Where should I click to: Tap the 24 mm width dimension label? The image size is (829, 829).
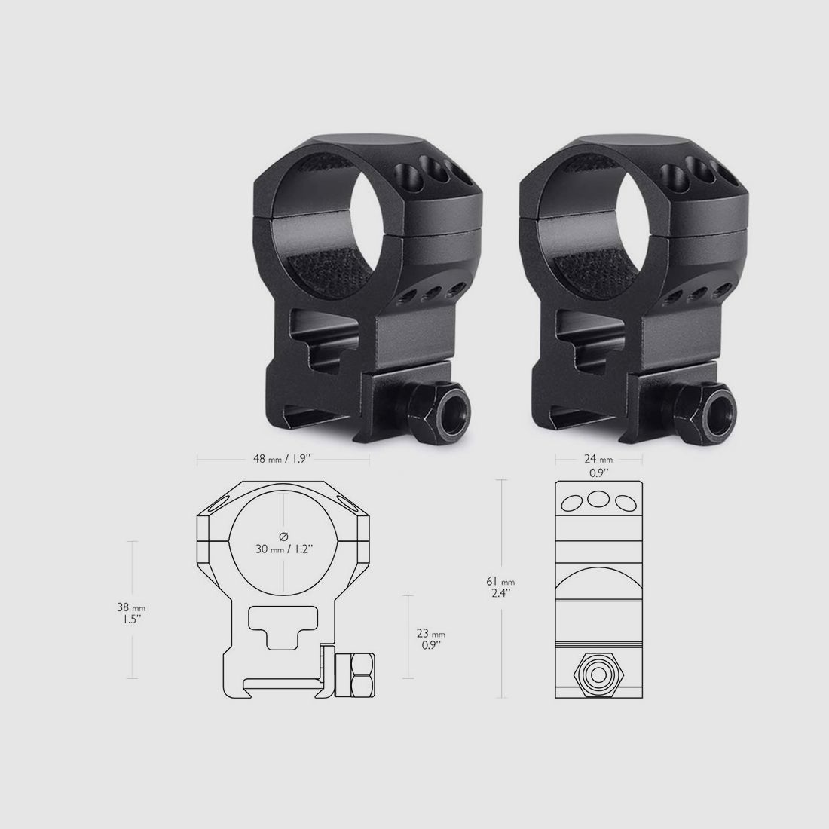point(598,460)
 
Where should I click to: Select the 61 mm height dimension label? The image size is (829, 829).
point(500,582)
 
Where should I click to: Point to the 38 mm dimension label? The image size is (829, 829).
point(131,608)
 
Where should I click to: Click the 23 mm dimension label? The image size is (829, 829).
point(431,633)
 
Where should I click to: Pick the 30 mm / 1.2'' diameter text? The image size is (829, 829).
point(284,549)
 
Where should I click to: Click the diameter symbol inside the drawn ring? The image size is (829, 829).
point(284,536)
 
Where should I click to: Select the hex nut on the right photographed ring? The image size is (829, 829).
point(705,412)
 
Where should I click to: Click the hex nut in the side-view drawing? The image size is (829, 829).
point(598,675)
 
